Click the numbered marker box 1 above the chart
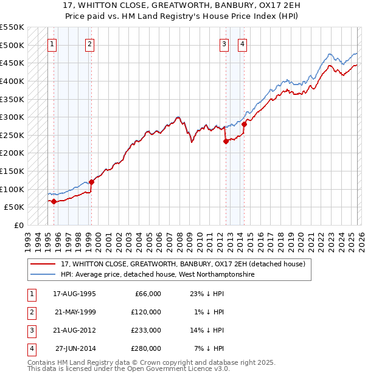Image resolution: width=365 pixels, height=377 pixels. tap(52, 44)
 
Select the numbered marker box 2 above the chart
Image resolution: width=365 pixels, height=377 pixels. tap(90, 44)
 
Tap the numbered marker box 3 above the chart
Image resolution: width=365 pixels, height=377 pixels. tap(224, 44)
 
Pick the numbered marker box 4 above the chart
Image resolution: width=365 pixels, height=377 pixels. tap(242, 44)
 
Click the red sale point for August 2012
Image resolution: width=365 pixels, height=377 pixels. tap(226, 141)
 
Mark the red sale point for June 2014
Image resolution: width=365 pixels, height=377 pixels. tap(244, 124)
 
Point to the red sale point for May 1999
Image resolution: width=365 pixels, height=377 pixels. tap(92, 182)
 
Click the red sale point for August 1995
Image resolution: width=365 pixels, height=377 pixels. tap(54, 201)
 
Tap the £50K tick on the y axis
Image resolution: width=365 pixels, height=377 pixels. tap(15, 207)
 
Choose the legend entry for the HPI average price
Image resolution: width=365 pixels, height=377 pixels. tap(158, 275)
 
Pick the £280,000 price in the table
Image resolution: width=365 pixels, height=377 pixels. tap(147, 348)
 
